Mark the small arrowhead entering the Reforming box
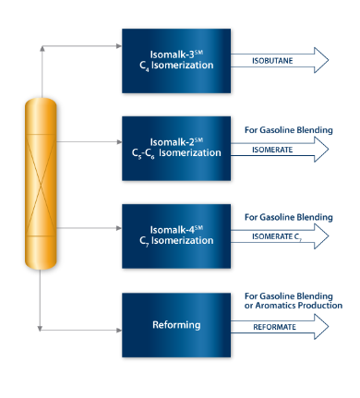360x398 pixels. tap(118, 328)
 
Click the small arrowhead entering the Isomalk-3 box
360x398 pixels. tap(118, 43)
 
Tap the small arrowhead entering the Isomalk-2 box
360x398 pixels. tap(118, 143)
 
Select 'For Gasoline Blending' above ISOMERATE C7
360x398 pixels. tap(288, 217)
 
